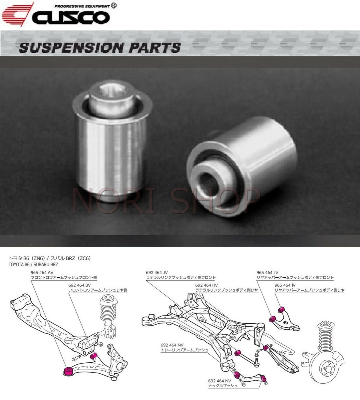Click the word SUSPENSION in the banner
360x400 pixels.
coord(67,48)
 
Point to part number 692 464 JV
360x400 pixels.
coord(158,272)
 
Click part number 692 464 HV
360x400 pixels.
coord(206,285)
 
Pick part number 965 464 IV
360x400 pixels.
coord(285,285)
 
